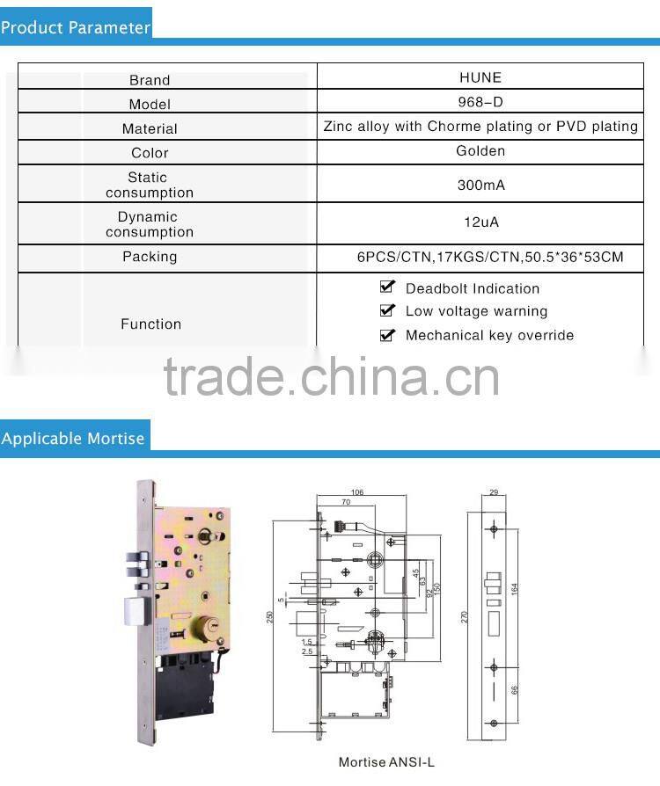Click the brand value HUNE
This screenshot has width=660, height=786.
[480, 77]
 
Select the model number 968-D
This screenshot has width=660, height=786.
[480, 102]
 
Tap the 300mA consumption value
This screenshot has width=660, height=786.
[480, 186]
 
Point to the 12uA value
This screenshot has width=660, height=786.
[480, 222]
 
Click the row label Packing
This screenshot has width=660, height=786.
[150, 257]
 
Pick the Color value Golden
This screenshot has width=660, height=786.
[480, 151]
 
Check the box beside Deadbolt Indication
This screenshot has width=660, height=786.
[387, 287]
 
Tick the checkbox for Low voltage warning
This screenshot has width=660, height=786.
[387, 310]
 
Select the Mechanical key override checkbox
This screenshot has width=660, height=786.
[387, 334]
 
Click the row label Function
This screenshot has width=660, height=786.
[150, 324]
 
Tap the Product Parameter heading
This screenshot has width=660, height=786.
[76, 27]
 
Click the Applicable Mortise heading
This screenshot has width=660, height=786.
[73, 438]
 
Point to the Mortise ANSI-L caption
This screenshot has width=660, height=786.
[386, 762]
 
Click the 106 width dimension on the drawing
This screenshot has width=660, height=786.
[356, 492]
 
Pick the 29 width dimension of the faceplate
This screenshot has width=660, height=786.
[494, 492]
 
